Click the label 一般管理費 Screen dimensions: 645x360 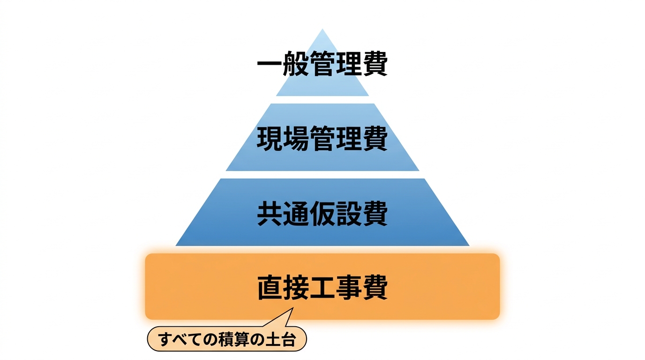point(322,64)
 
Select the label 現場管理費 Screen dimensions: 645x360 point(322,139)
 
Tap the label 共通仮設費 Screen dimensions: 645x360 point(322,213)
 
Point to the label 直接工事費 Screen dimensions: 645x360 point(322,288)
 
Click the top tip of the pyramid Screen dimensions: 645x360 point(322,29)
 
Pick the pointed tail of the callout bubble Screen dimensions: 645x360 point(293,308)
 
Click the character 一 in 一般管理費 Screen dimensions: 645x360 point(269,64)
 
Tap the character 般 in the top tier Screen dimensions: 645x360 point(296,64)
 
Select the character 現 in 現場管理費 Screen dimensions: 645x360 point(269,139)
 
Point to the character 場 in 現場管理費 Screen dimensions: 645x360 point(296,139)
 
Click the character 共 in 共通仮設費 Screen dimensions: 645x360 point(269,213)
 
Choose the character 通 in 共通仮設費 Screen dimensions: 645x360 point(296,213)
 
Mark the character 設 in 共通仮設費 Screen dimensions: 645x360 point(349,213)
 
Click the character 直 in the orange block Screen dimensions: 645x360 point(269,288)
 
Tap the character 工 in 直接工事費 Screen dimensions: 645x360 point(322,288)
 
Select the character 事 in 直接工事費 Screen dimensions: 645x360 point(349,288)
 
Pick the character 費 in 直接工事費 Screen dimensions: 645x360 point(375,288)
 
